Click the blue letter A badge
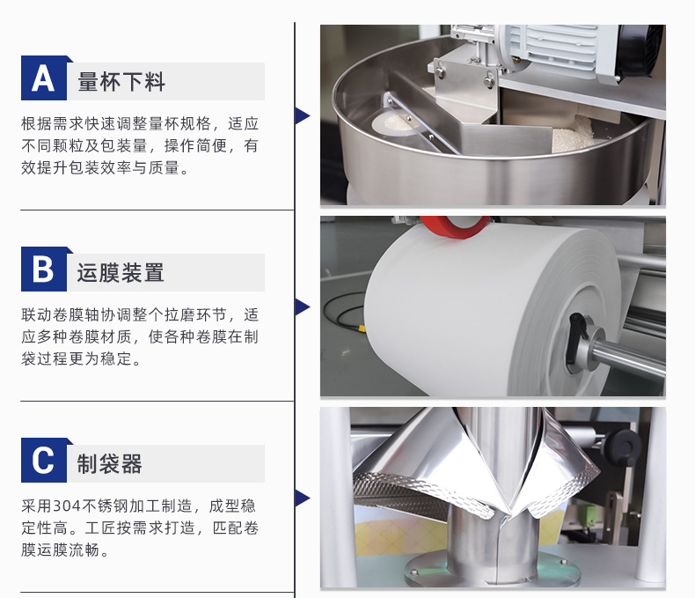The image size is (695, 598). (x=44, y=78)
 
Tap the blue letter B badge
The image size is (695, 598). (x=44, y=269)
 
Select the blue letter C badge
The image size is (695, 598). (x=44, y=460)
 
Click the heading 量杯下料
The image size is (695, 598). (x=121, y=82)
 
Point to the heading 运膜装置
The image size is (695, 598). (x=121, y=273)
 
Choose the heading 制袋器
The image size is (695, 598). (x=109, y=464)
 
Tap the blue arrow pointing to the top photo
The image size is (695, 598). (x=303, y=115)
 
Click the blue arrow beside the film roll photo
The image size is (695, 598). (x=303, y=307)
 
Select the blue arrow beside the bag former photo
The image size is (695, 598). (x=303, y=498)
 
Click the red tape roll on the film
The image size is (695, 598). (x=454, y=226)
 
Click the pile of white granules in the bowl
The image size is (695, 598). (x=573, y=134)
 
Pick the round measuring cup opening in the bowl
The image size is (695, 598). (x=394, y=124)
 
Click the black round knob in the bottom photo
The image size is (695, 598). (x=623, y=447)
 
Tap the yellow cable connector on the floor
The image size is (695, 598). (x=362, y=329)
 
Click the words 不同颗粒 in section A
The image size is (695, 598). (x=53, y=145)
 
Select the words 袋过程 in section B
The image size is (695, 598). (x=45, y=358)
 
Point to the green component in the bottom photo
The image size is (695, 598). (x=592, y=515)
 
